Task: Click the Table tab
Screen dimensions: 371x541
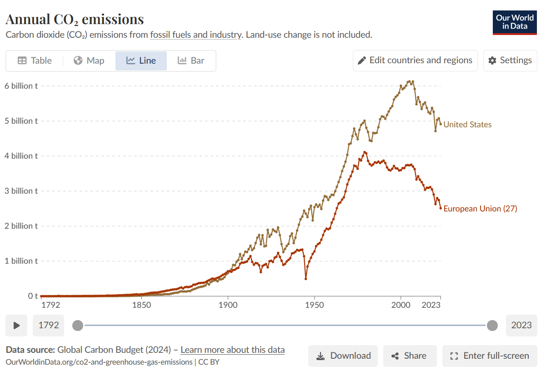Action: [x=35, y=60]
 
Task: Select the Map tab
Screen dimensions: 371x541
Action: [x=89, y=60]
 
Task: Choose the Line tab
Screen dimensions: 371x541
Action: [x=141, y=60]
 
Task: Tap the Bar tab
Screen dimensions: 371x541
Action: [x=191, y=60]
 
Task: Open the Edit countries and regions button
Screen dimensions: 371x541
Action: [x=415, y=60]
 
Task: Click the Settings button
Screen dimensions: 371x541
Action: [x=510, y=60]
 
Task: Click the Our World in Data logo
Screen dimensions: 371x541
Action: [x=515, y=22]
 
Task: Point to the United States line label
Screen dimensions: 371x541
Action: [x=467, y=125]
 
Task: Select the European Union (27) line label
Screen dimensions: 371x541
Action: [x=480, y=209]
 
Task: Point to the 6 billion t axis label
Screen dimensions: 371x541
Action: [x=21, y=86]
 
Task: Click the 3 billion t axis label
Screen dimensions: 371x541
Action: [x=21, y=191]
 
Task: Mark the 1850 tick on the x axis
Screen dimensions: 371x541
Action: [x=141, y=305]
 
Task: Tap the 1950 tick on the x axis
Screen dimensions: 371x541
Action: [x=315, y=305]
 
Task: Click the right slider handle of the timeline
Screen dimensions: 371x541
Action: [x=492, y=325]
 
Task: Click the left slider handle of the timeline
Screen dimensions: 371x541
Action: [x=78, y=325]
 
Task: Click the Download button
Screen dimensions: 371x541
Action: [x=343, y=356]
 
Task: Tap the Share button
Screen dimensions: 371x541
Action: [x=410, y=356]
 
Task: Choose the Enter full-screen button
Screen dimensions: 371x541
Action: [x=490, y=356]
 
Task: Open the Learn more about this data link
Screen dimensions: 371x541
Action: [x=232, y=350]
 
